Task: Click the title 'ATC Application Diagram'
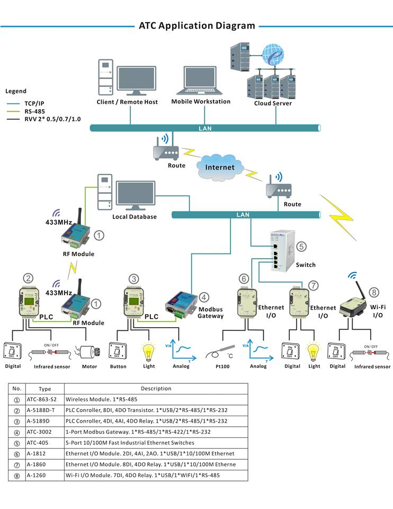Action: pos(196,25)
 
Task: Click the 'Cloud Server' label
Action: pos(273,103)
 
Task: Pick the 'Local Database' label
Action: pos(135,217)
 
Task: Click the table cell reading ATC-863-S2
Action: pos(41,399)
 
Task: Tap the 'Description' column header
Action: pos(156,389)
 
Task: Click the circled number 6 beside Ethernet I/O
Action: pos(244,278)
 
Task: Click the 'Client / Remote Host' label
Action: pos(127,102)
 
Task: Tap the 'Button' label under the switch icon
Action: pos(118,366)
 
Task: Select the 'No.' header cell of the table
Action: pos(17,389)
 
